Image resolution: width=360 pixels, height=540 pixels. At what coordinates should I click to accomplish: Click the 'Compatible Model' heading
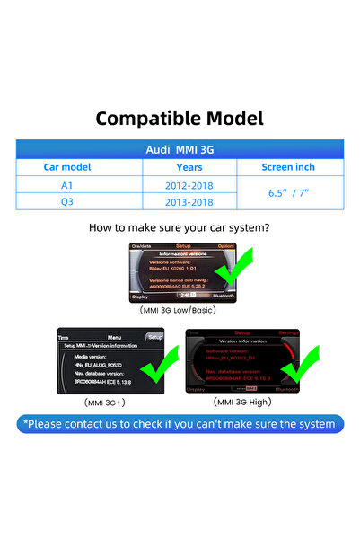pos(180,118)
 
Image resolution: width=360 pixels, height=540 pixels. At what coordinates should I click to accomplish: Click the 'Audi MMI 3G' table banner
pos(180,150)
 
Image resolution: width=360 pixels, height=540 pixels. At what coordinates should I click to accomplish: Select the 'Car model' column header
pos(68,167)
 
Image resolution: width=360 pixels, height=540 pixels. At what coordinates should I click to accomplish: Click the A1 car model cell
pos(68,184)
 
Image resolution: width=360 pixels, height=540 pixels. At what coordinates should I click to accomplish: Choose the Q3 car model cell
pos(68,202)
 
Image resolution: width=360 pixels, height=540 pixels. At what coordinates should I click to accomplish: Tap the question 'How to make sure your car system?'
pos(180,227)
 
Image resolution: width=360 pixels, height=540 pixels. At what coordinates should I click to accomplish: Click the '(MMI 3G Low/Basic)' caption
pos(180,310)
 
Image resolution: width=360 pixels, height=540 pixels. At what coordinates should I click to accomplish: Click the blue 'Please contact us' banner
pos(180,424)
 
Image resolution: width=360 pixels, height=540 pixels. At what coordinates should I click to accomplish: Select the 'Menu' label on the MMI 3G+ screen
pos(114,337)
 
